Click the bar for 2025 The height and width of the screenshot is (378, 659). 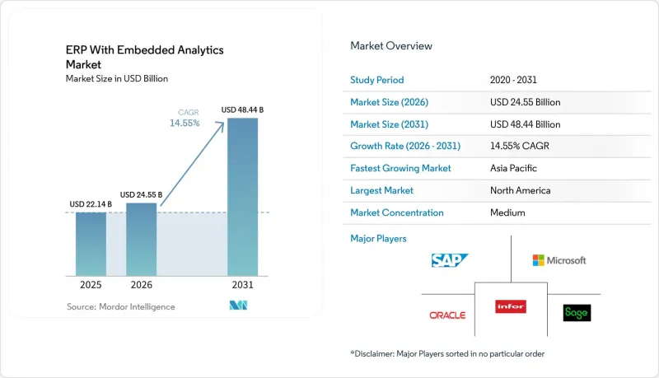point(91,244)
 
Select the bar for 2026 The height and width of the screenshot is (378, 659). point(141,240)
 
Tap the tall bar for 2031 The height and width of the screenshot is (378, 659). point(242,197)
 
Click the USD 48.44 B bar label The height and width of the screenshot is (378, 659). point(242,110)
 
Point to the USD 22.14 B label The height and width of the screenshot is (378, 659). point(91,204)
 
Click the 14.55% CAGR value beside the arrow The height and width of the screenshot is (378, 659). point(185,123)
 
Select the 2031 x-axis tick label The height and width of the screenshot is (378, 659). point(242,285)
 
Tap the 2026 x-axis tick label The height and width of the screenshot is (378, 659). point(141,285)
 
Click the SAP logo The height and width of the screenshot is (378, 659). point(449,260)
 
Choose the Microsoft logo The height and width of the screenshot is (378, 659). point(559,260)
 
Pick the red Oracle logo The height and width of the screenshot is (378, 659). point(447,315)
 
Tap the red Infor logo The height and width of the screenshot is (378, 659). point(511,306)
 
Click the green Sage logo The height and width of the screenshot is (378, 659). point(577,313)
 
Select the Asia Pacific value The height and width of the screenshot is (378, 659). point(513,169)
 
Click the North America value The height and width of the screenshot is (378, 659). point(521,191)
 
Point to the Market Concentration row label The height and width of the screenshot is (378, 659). point(397,213)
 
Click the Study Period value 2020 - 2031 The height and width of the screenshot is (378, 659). point(513,80)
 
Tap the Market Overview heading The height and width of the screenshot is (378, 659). point(391,46)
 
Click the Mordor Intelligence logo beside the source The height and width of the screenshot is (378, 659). point(238,306)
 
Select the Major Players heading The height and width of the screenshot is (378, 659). point(378,239)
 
